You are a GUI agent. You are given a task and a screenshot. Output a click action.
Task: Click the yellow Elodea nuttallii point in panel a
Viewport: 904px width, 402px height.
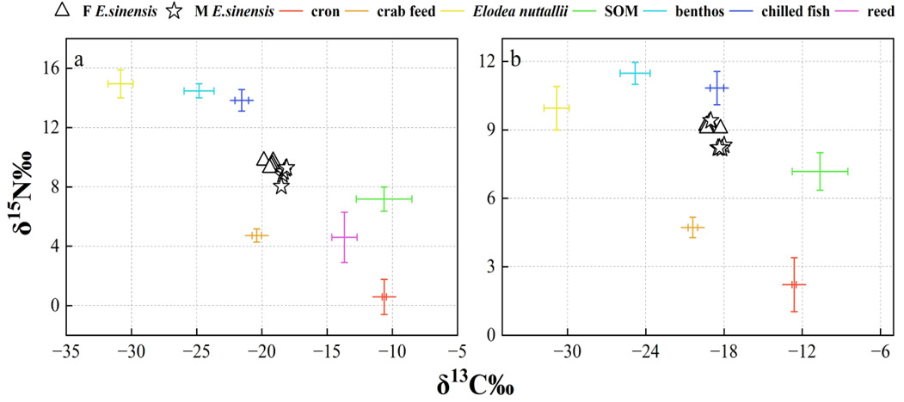click(120, 83)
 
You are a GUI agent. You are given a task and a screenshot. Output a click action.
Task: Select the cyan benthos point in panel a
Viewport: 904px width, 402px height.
click(199, 90)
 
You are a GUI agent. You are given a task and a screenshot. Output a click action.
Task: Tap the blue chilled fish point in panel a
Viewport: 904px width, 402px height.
click(242, 100)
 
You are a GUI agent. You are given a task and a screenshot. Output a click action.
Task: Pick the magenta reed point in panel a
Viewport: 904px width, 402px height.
click(344, 236)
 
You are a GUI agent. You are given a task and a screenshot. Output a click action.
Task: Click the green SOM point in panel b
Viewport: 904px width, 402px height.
click(820, 171)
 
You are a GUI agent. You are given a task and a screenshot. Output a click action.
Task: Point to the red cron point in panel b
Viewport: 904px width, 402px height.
click(794, 284)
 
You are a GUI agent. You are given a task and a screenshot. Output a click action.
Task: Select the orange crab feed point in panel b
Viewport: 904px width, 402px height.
click(692, 228)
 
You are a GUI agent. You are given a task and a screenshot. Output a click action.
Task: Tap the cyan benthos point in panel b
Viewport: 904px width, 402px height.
click(635, 73)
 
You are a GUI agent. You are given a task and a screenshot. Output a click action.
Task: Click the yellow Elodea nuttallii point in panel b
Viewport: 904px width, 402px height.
click(557, 107)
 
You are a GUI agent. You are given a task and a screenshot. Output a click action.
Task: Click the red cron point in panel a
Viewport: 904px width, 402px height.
click(384, 296)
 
